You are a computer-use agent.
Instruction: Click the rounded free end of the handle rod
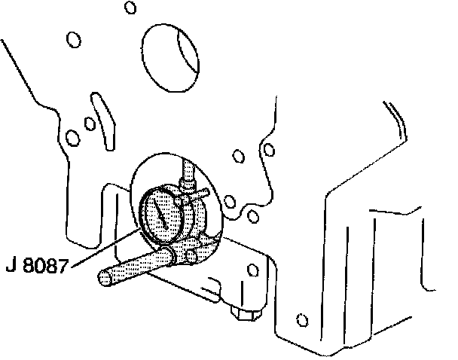(105, 278)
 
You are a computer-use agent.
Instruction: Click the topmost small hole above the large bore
(130, 8)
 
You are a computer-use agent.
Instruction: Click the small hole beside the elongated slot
(88, 123)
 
